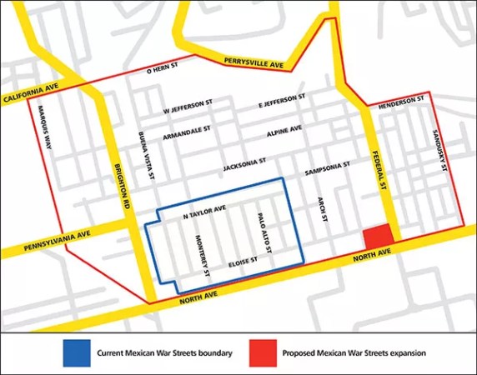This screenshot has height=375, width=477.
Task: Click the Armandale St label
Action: (186, 131)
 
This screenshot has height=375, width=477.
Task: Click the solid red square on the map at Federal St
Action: (376, 235)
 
